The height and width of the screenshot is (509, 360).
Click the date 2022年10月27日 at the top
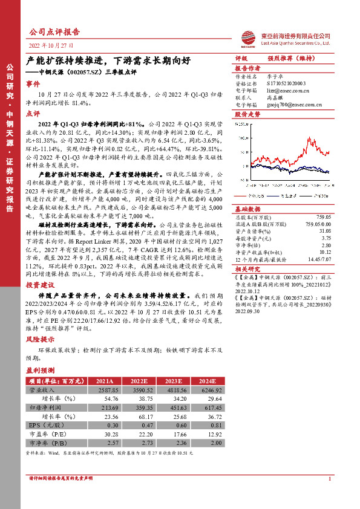pos(51,45)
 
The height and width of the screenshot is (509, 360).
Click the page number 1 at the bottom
pos(330,479)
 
